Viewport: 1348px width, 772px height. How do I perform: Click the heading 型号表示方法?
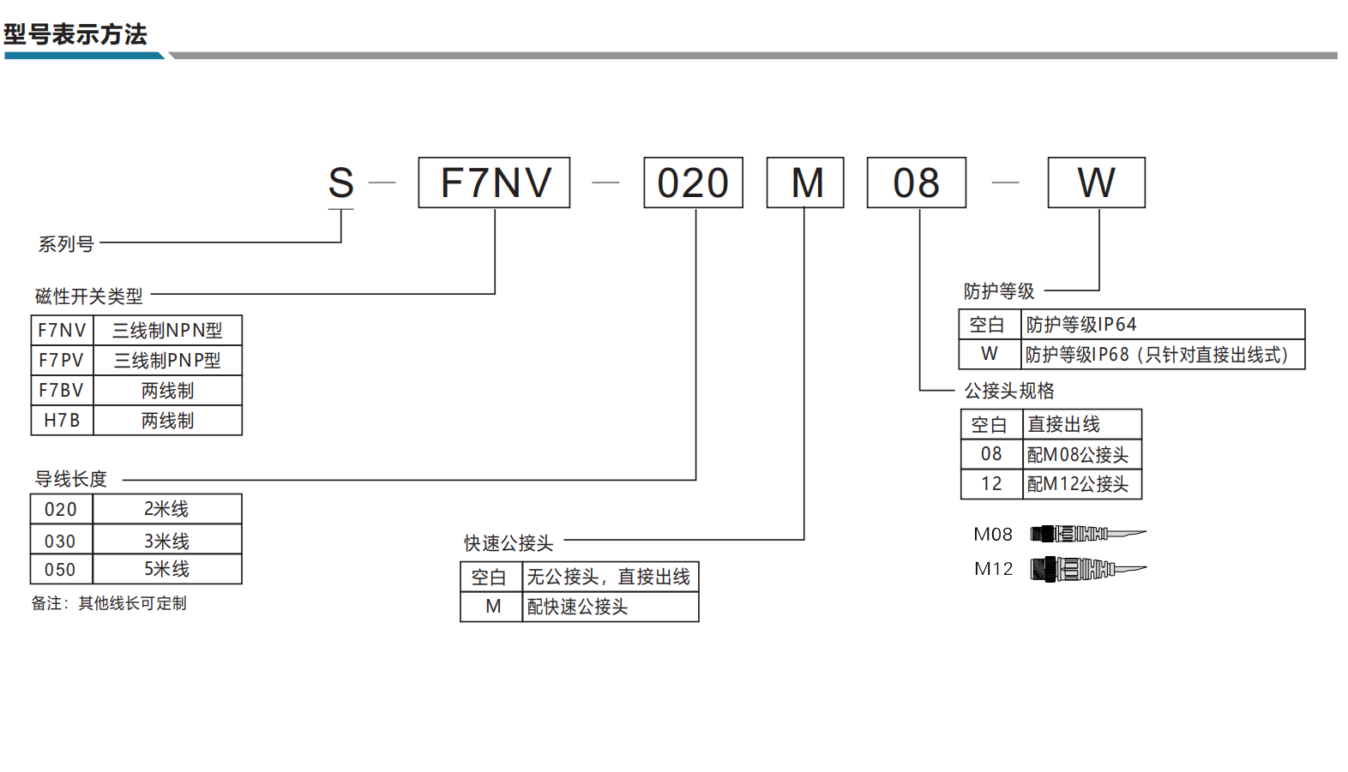[75, 34]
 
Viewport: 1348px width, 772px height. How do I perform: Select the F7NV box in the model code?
[494, 183]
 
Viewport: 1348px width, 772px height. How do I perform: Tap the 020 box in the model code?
[693, 183]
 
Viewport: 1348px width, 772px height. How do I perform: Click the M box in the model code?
[805, 183]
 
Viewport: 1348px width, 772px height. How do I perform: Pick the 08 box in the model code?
[917, 183]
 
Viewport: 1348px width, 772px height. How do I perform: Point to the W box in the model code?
[1097, 183]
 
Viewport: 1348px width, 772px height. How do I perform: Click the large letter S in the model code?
[340, 183]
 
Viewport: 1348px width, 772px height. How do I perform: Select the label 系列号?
[66, 244]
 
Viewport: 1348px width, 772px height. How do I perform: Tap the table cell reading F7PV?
[62, 360]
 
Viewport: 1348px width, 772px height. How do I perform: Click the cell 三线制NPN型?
[167, 330]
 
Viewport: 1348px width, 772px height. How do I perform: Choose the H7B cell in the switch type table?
[62, 420]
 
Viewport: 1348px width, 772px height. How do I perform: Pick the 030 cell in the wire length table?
[62, 539]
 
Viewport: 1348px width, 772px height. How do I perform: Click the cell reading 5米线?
[167, 569]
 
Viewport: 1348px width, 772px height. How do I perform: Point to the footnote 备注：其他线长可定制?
[109, 603]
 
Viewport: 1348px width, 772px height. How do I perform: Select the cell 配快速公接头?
[611, 607]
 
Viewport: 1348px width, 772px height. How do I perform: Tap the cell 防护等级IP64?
[1163, 325]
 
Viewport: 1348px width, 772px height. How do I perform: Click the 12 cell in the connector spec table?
[991, 484]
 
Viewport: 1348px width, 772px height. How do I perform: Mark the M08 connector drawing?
[1088, 534]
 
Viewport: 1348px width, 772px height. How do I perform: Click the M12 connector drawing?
[1088, 569]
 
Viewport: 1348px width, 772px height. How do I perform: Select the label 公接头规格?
[1010, 391]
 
